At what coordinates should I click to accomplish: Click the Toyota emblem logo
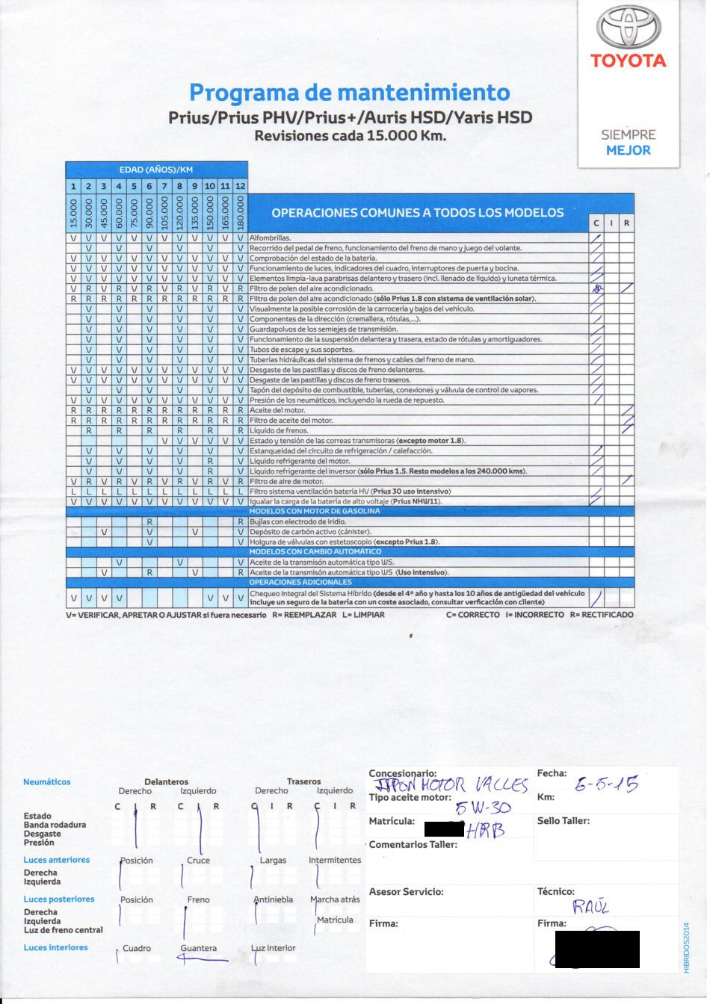(x=628, y=28)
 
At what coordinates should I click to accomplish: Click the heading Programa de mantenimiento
(x=349, y=93)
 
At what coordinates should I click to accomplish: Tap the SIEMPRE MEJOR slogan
(x=628, y=143)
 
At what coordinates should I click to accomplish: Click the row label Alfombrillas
(x=270, y=238)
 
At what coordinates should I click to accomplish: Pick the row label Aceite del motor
(x=277, y=410)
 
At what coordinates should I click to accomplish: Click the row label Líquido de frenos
(x=279, y=431)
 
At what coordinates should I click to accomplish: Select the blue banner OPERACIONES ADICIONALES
(x=300, y=582)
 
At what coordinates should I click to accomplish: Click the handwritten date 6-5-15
(x=606, y=784)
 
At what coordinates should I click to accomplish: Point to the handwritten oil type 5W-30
(x=483, y=808)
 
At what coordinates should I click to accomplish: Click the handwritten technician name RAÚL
(x=591, y=907)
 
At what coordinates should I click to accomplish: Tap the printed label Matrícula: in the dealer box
(x=391, y=821)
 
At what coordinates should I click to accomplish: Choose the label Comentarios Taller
(x=413, y=845)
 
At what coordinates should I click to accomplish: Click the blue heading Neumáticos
(x=47, y=782)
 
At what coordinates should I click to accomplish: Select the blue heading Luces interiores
(x=55, y=948)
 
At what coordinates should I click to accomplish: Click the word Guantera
(x=198, y=949)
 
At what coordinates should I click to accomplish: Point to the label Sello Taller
(x=563, y=821)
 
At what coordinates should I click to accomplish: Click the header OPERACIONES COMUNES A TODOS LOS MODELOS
(x=417, y=213)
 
